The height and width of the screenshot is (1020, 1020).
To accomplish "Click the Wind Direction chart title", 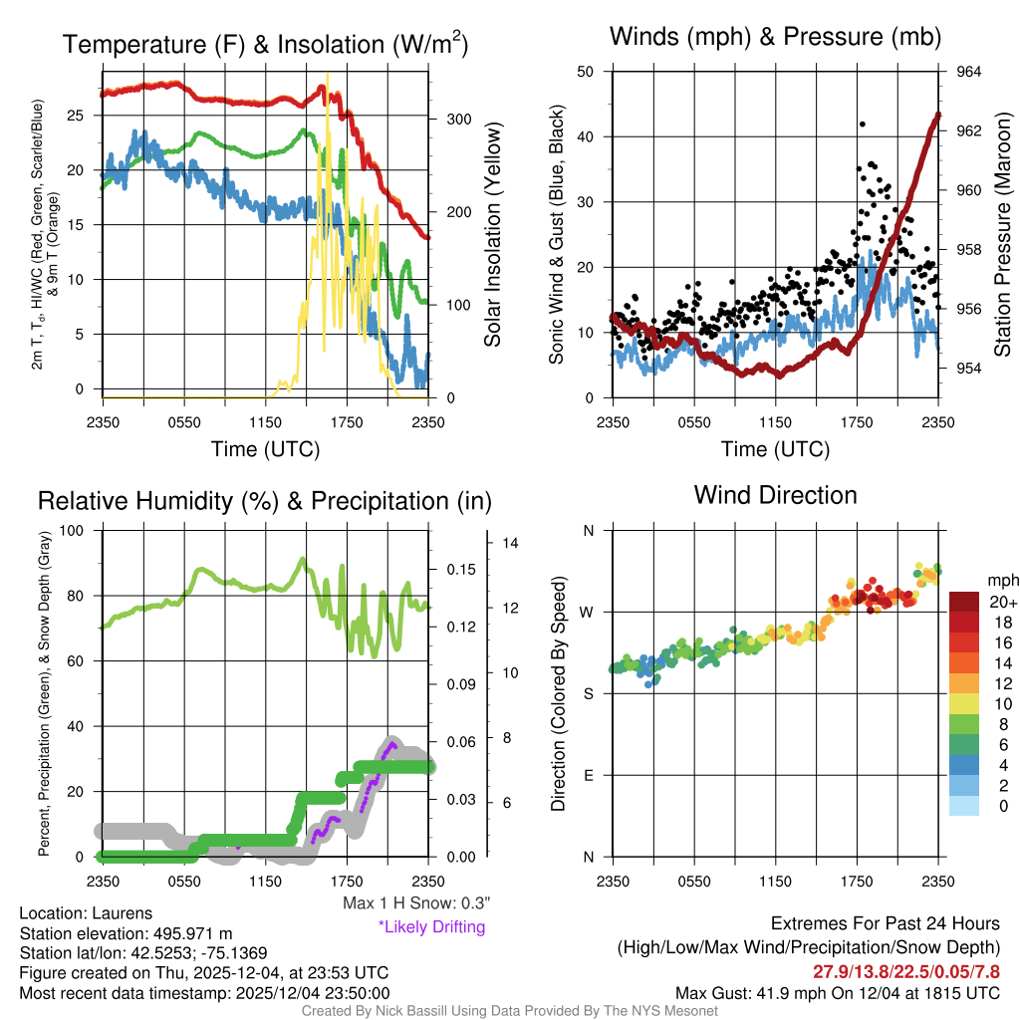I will click(x=775, y=495).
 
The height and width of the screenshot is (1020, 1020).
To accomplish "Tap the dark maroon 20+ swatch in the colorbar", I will click(x=964, y=602).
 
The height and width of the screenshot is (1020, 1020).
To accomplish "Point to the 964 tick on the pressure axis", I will click(x=969, y=72).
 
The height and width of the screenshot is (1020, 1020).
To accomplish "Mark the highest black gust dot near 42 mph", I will click(x=862, y=125).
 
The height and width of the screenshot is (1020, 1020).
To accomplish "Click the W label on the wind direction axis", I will click(x=589, y=612).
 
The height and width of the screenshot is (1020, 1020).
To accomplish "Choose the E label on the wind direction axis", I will click(x=589, y=775).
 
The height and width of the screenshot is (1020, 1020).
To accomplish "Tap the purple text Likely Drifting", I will click(x=431, y=926).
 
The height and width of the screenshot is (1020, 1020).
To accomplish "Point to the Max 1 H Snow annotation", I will click(x=415, y=903).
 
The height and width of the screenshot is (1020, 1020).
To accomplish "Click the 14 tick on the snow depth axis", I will click(x=511, y=544).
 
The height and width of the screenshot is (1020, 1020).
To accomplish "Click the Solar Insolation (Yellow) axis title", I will click(x=493, y=234).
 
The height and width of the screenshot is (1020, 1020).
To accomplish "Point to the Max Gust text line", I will click(x=837, y=992).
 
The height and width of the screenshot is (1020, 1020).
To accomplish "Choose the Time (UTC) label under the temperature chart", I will click(x=265, y=449).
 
